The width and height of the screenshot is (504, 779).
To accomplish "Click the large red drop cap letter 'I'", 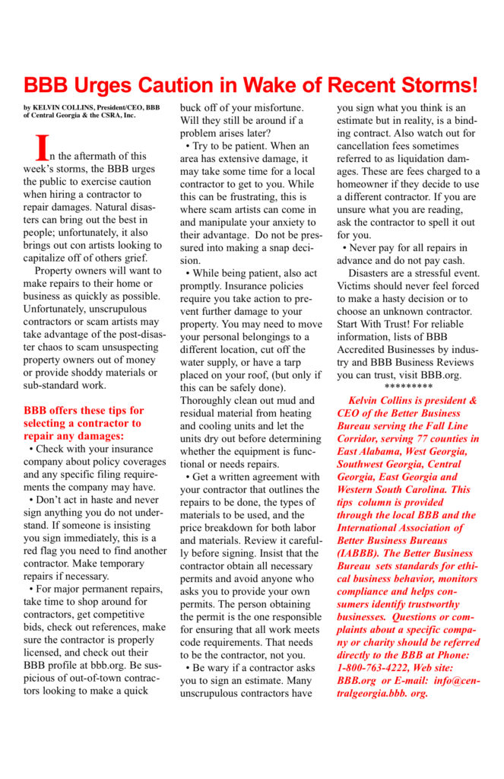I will (43, 147).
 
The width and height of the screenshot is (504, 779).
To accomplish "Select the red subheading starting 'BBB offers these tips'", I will (84, 422).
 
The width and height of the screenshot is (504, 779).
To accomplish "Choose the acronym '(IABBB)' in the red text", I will (361, 555).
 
